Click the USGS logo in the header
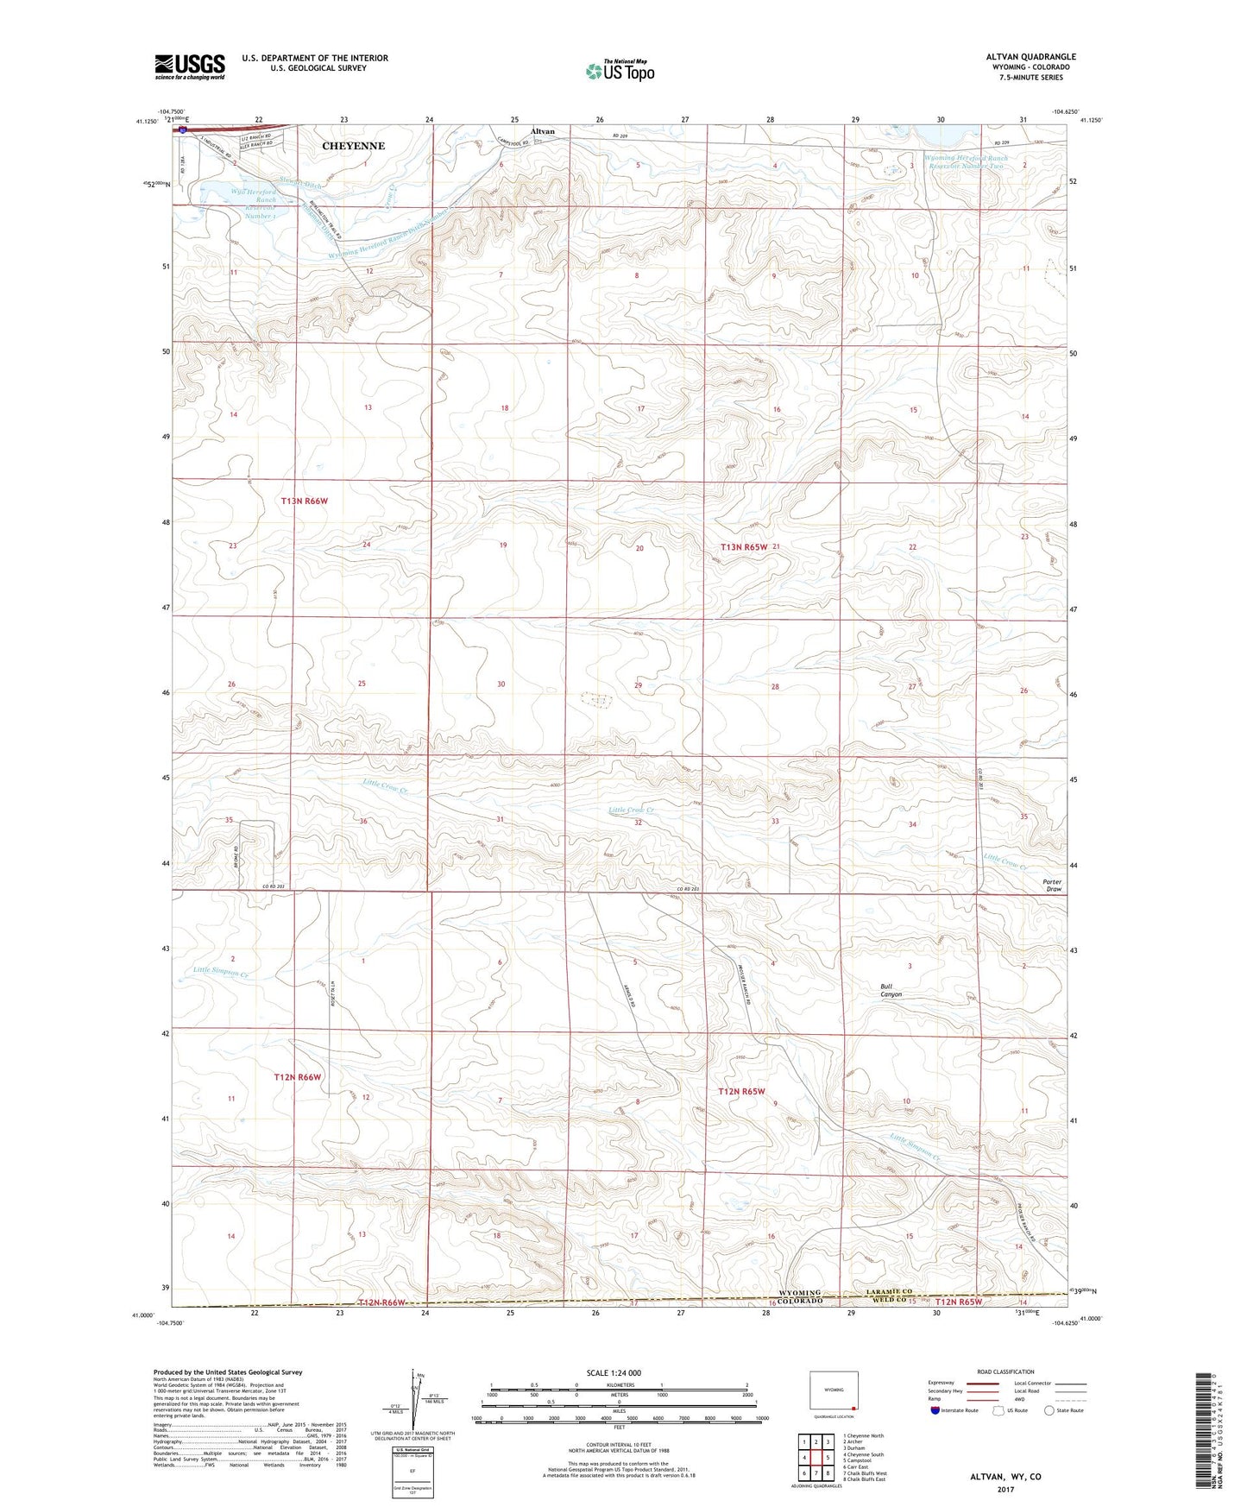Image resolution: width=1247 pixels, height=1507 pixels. pyautogui.click(x=189, y=66)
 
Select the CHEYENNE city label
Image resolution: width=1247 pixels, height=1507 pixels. pyautogui.click(x=353, y=146)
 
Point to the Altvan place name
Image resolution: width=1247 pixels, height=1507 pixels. pyautogui.click(x=542, y=131)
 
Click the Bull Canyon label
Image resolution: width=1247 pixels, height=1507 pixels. pyautogui.click(x=891, y=990)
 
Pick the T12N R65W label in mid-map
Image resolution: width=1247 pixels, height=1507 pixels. pyautogui.click(x=742, y=1091)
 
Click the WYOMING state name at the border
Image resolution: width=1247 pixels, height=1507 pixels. pyautogui.click(x=799, y=1293)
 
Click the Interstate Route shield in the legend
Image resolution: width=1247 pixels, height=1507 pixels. pyautogui.click(x=937, y=1409)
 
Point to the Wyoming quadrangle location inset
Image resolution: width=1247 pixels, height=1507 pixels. pyautogui.click(x=833, y=1390)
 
